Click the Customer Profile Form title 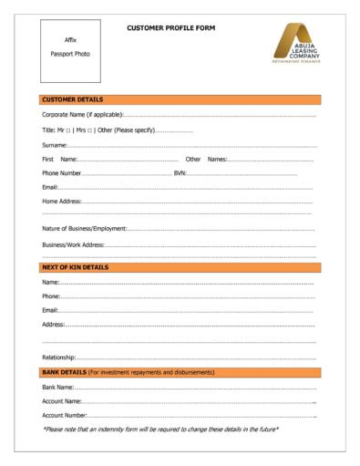click(x=171, y=27)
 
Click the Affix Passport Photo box click(x=70, y=47)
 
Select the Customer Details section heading click(x=73, y=98)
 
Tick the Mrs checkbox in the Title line click(x=90, y=129)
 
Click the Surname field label click(x=55, y=144)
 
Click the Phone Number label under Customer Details click(x=62, y=173)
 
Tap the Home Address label click(x=62, y=201)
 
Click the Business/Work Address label click(x=73, y=244)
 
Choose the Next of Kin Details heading click(x=76, y=267)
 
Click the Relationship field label click(x=59, y=357)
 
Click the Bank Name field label click(x=57, y=388)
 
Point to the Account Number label click(x=64, y=415)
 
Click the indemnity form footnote click(x=160, y=429)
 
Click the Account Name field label click(x=62, y=401)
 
